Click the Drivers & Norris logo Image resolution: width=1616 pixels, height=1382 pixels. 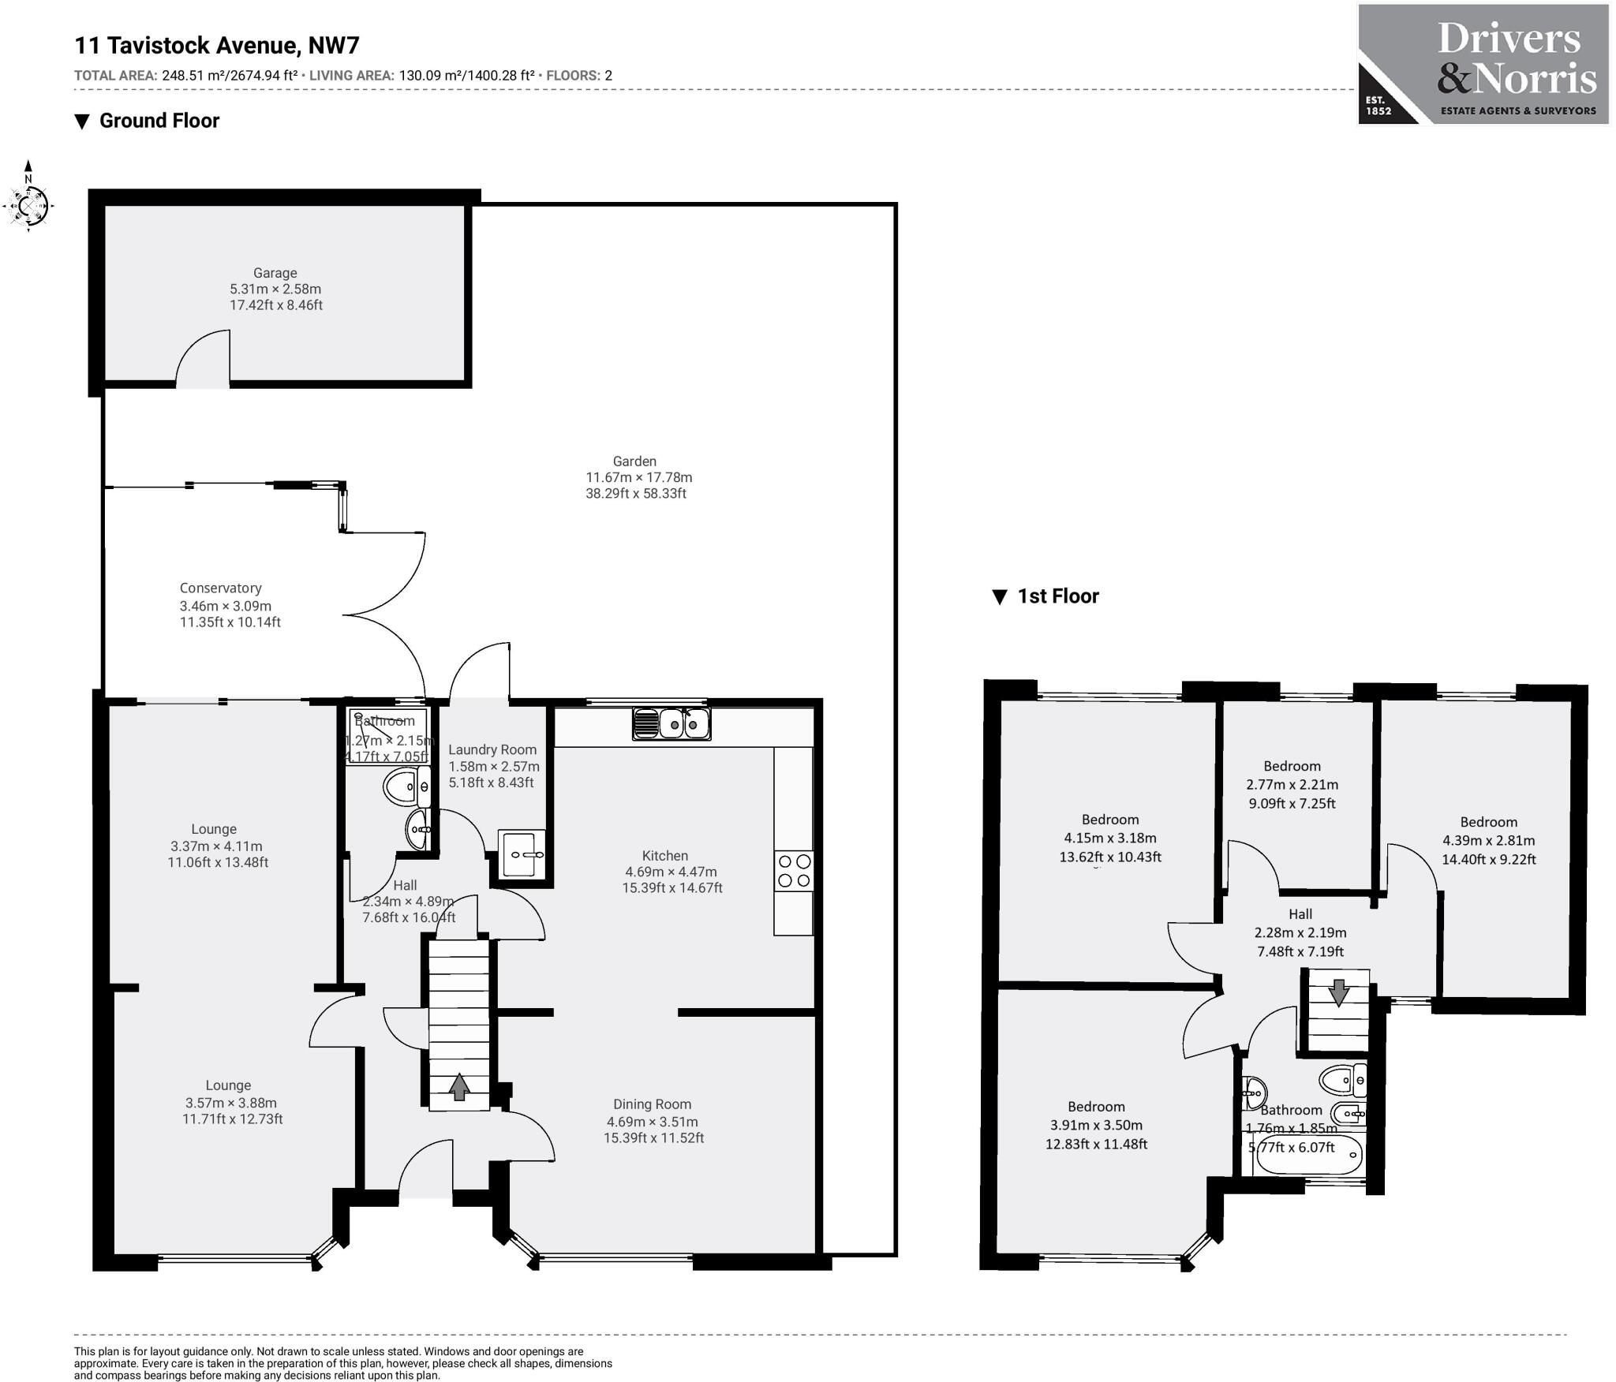(1483, 65)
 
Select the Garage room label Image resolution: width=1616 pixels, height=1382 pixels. (275, 273)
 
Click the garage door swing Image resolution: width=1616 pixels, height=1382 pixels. (203, 359)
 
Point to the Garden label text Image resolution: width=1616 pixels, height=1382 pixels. (634, 461)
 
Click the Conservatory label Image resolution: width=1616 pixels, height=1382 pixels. (220, 588)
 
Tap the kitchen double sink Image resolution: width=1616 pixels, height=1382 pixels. (671, 723)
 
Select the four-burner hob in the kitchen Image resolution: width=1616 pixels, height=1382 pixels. (794, 871)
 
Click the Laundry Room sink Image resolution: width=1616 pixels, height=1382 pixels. (522, 853)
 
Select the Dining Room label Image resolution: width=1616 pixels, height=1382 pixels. (652, 1104)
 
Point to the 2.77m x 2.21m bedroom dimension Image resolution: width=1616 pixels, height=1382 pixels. (1292, 785)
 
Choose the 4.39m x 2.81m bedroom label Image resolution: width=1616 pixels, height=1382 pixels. (1488, 822)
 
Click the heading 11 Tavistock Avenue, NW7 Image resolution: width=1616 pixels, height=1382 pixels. (217, 45)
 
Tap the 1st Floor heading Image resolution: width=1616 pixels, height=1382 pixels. (1058, 596)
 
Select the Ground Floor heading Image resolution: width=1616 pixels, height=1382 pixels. (159, 121)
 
